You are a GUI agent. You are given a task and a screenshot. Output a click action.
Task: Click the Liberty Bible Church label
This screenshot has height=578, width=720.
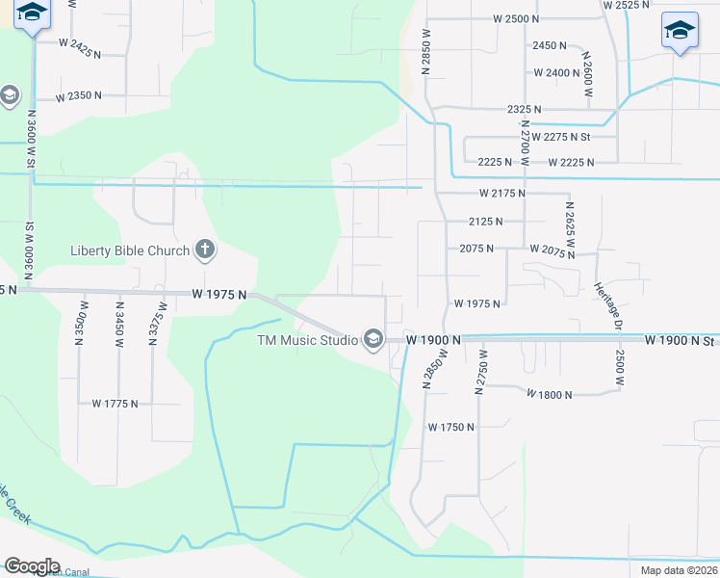[129, 251]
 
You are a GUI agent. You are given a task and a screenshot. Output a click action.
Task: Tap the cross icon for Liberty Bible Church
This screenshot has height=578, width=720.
[204, 250]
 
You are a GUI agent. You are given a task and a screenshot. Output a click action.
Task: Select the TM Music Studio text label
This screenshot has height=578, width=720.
[306, 339]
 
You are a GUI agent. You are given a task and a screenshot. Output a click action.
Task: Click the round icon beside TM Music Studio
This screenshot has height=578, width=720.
[373, 338]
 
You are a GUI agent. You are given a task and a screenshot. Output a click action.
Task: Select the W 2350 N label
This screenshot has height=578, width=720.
[79, 97]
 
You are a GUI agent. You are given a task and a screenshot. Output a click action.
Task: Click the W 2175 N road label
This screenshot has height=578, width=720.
[501, 194]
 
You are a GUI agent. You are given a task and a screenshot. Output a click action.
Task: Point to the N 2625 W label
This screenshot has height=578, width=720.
[570, 223]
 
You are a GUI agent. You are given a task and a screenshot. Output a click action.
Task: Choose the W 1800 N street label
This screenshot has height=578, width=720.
[549, 395]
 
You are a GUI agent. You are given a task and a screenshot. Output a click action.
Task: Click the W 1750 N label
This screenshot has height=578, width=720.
[451, 427]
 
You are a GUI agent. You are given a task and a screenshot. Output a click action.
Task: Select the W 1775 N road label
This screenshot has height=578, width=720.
[116, 404]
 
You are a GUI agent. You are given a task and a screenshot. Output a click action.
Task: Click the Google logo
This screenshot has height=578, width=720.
[32, 566]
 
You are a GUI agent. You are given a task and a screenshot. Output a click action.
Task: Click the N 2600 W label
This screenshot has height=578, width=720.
[584, 73]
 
